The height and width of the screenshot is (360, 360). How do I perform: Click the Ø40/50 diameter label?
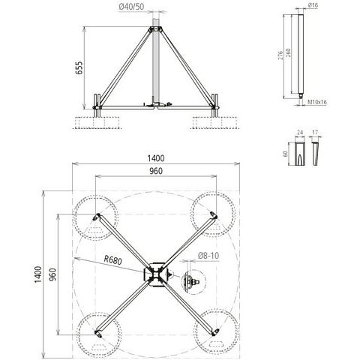coord(131,7)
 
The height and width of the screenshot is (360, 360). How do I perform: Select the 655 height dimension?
coord(79,67)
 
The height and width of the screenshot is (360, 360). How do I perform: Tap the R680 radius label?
coord(113,260)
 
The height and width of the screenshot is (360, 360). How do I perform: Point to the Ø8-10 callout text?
coord(208,256)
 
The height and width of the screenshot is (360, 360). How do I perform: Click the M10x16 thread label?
coord(317,102)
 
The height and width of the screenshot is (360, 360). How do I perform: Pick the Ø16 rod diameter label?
coord(313,5)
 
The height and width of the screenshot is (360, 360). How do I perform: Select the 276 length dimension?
coord(280,55)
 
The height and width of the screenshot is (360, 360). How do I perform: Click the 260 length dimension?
coord(288,52)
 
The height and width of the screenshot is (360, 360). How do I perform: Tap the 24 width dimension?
coord(300,132)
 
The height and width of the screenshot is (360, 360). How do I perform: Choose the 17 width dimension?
coord(315,132)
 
